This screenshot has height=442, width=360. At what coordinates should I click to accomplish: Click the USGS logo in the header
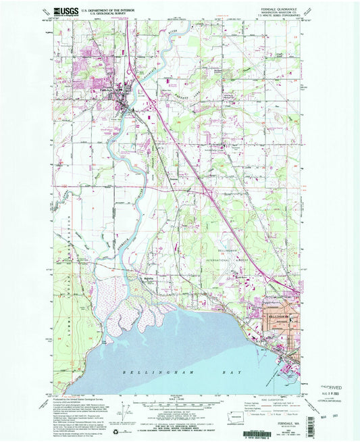(x=66, y=11)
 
